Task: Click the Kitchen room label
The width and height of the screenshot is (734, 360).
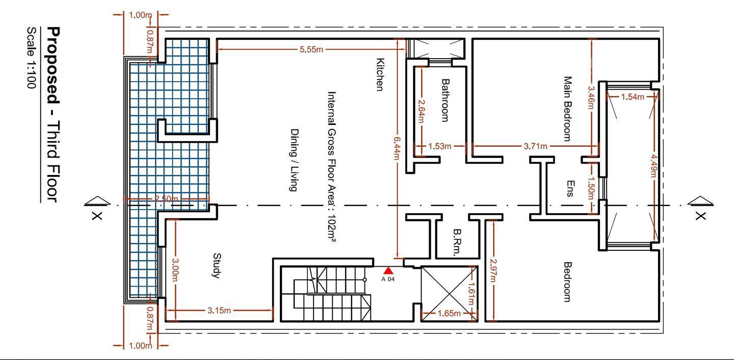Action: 380,74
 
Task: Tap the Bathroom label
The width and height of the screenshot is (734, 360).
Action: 445,100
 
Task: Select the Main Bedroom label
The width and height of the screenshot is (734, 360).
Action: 567,109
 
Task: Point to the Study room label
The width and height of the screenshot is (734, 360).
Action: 217,266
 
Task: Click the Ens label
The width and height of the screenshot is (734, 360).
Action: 570,189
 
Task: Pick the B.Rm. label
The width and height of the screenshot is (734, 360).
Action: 457,242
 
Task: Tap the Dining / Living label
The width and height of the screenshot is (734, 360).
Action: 294,160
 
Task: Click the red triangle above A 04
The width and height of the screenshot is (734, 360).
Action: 388,270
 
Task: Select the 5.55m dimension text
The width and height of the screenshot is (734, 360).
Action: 311,49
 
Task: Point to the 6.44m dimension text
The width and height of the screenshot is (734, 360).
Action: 397,148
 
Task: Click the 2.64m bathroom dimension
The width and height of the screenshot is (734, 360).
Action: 421,111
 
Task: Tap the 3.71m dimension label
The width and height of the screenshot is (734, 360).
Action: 535,146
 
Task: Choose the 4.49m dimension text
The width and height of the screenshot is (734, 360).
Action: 653,166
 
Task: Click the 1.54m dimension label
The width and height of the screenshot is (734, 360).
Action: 633,97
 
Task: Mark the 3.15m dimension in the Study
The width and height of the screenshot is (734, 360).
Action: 219,310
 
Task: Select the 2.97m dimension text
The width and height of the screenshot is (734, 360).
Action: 493,270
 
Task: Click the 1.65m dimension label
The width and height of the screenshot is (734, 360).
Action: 449,314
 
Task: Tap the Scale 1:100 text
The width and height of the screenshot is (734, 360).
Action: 31,58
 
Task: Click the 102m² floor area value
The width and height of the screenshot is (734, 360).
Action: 331,228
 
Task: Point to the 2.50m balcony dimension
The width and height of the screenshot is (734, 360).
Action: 167,199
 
